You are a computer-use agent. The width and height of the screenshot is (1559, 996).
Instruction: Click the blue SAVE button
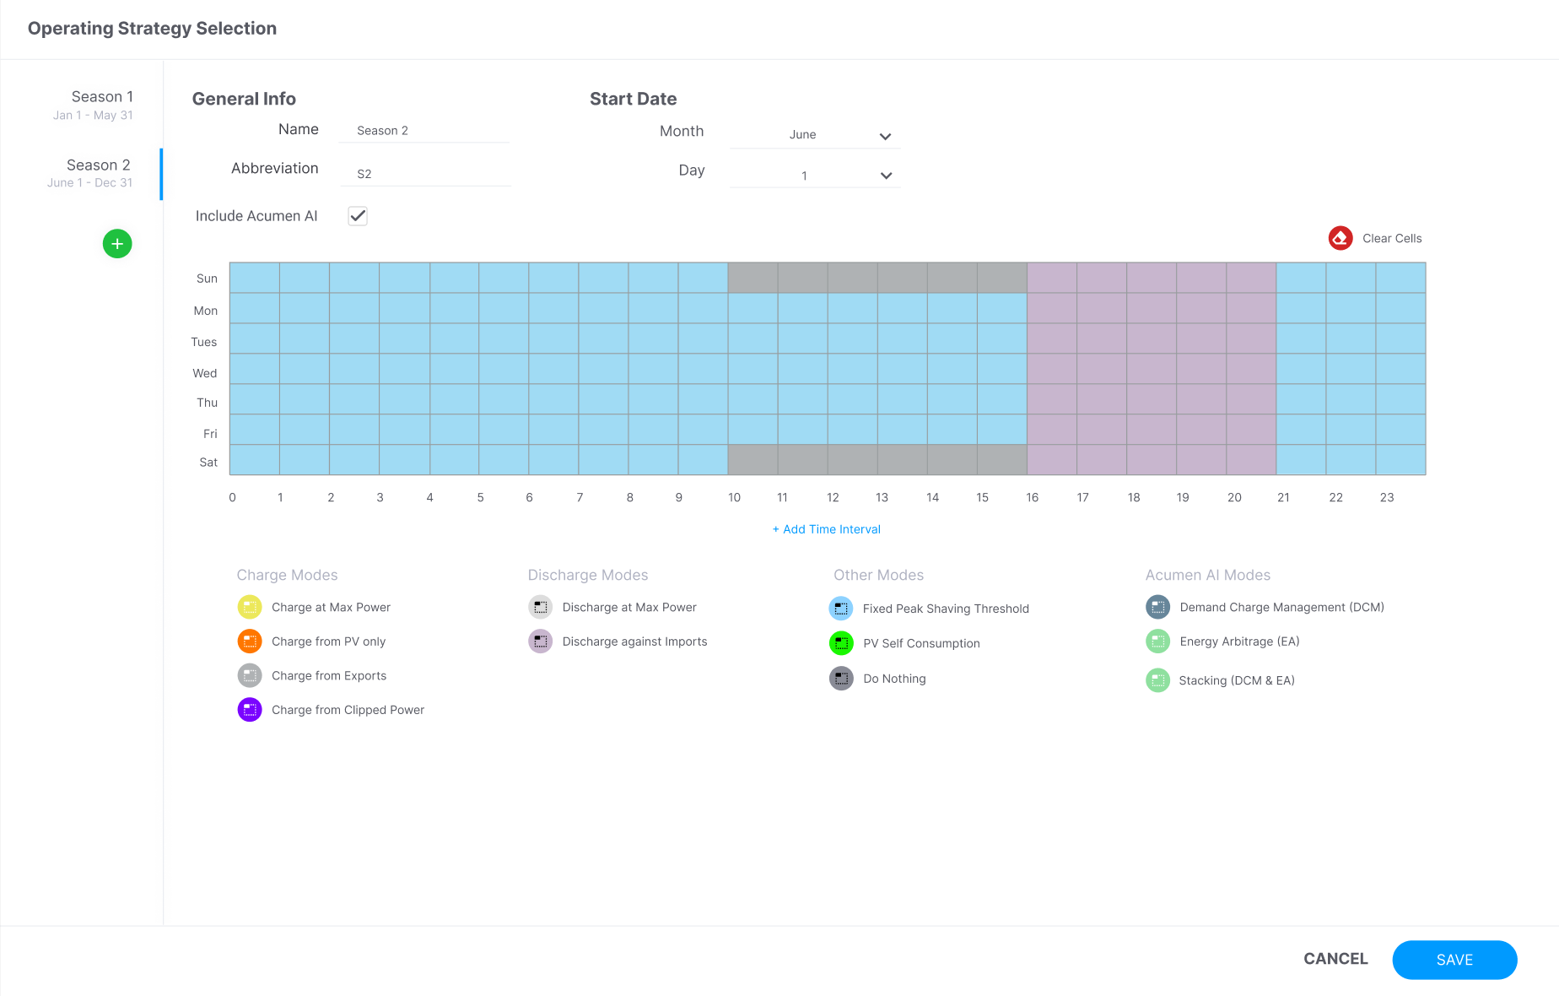coord(1454,960)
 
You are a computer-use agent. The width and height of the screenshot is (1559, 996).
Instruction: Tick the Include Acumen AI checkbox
coord(358,216)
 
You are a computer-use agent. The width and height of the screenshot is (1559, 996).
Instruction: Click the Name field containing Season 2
coord(424,131)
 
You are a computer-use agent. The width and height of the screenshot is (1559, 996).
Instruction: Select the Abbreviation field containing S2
coord(424,174)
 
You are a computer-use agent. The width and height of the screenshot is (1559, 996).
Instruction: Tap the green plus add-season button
coord(117,244)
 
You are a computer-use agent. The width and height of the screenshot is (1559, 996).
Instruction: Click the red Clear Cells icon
coord(1341,238)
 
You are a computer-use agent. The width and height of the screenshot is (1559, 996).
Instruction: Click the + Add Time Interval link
coord(827,529)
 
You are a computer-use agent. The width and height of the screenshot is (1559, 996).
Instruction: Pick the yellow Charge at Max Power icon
coord(250,607)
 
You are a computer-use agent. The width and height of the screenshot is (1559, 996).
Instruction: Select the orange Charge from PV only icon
coord(250,641)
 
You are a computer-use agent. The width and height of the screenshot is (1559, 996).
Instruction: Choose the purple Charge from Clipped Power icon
coord(250,710)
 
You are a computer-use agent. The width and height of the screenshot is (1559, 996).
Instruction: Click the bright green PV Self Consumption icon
coord(841,643)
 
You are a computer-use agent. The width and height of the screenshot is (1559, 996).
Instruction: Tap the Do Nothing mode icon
coord(841,679)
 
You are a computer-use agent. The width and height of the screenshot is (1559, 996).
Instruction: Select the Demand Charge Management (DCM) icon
coord(1157,607)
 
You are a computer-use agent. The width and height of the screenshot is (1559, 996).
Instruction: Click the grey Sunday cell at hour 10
coord(753,278)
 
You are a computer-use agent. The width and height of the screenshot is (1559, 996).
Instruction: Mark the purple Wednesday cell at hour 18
coord(1152,369)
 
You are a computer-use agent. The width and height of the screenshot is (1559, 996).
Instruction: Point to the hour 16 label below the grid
coord(1032,498)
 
